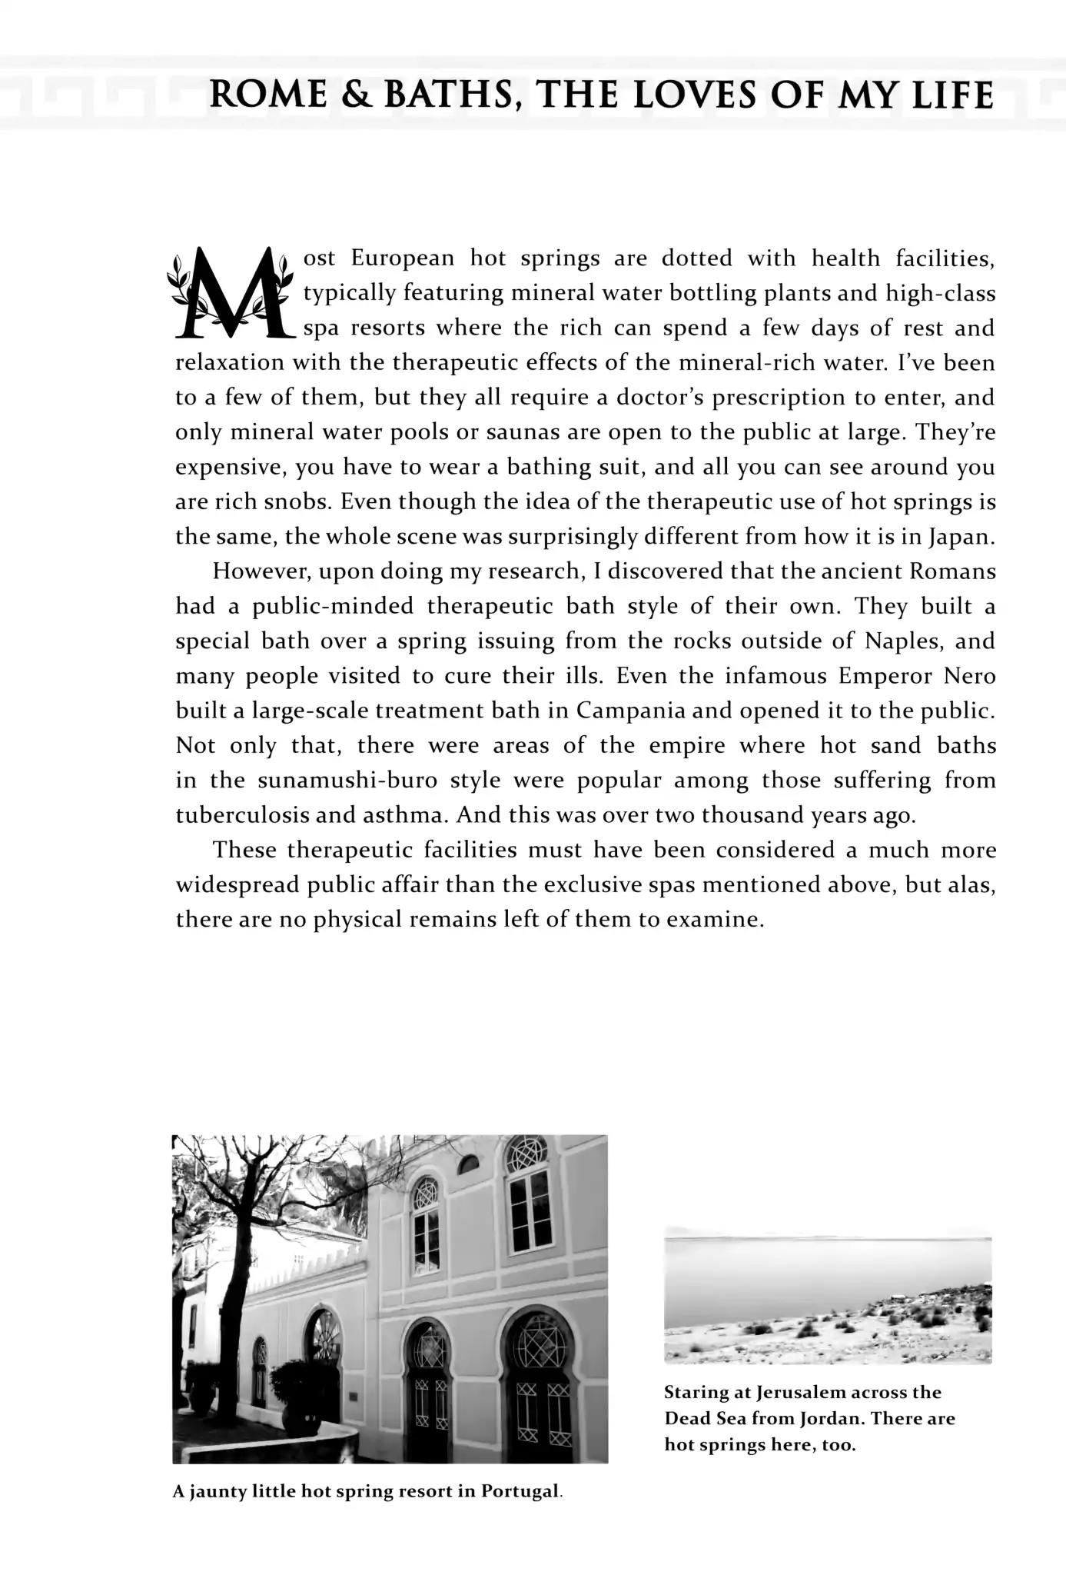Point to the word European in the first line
pyautogui.click(x=403, y=258)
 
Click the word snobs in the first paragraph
pyautogui.click(x=296, y=502)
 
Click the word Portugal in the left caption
pyautogui.click(x=520, y=1492)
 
